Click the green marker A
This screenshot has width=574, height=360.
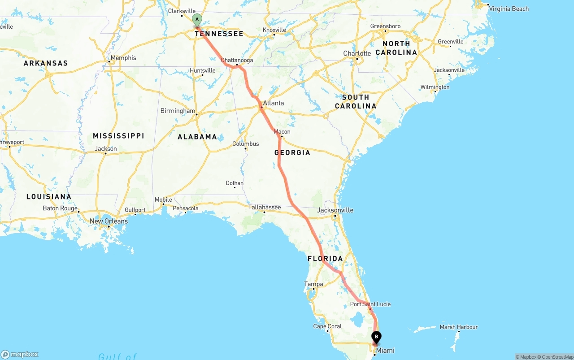(x=197, y=20)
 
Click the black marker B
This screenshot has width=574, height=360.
(x=376, y=337)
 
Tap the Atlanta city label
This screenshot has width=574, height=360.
(x=273, y=103)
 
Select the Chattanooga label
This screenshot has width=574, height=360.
(x=237, y=60)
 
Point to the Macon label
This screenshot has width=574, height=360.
(x=282, y=132)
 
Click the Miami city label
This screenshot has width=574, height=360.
(x=385, y=351)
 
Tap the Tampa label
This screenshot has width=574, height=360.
(x=313, y=284)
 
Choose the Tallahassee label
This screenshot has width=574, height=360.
(x=265, y=207)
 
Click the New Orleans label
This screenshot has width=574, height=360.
(x=109, y=221)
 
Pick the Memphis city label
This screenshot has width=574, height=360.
(x=123, y=58)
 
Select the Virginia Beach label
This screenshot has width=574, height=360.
(x=509, y=9)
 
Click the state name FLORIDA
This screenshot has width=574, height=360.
(x=325, y=259)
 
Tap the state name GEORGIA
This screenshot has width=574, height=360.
(x=292, y=153)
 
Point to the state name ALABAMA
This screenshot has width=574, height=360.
(x=197, y=137)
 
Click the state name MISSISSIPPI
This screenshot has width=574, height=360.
(x=118, y=136)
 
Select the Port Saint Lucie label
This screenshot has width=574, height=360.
(x=370, y=304)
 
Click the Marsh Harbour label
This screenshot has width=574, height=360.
(x=459, y=327)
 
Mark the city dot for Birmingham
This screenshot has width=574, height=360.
(x=197, y=115)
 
